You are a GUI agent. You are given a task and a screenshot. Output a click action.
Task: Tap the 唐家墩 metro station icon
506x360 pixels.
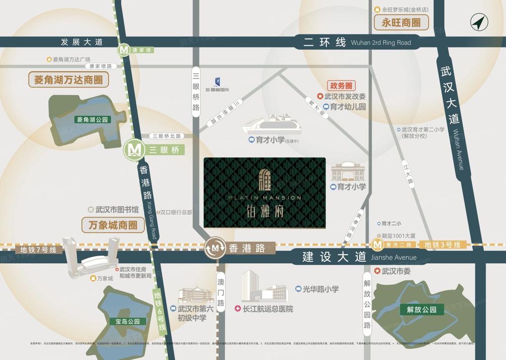click(124, 50)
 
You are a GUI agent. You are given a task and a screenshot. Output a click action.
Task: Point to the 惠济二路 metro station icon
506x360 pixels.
click(377, 245)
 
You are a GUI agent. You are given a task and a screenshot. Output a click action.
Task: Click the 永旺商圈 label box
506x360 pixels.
click(401, 22)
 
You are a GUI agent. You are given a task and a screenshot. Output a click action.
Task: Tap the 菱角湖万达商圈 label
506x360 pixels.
click(69, 79)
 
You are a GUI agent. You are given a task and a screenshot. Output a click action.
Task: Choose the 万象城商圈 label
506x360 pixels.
click(113, 224)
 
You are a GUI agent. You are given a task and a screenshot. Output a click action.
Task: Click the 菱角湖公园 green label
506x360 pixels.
click(92, 120)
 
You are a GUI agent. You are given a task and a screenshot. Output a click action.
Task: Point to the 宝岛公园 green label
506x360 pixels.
click(124, 321)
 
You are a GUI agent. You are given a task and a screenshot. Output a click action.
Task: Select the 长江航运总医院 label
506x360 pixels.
click(268, 309)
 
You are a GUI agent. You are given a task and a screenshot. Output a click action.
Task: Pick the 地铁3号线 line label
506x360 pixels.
click(442, 245)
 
